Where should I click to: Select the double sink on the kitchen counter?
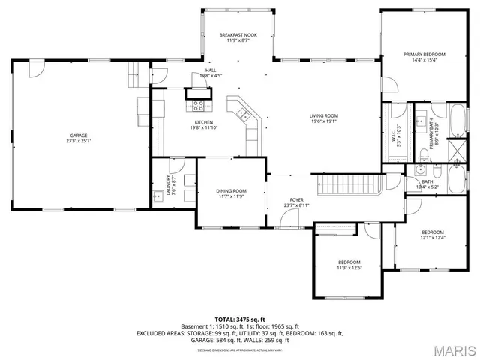[x=244, y=115]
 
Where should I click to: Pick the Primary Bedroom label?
[x=424, y=55]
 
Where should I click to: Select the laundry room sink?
[x=157, y=198]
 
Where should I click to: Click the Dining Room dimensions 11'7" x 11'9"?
[x=232, y=196]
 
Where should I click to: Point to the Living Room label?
[x=325, y=116]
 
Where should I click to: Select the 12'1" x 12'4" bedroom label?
[x=432, y=235]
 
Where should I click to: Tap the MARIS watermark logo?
[x=449, y=349]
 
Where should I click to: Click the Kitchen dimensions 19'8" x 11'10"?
[x=205, y=128]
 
